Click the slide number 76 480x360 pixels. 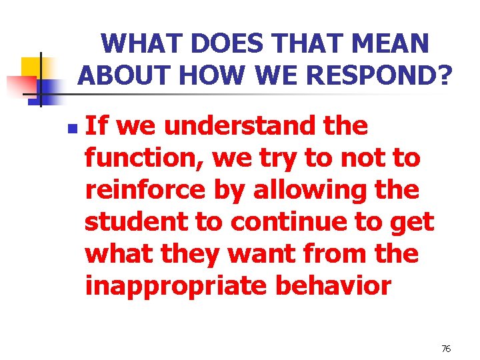[446, 349]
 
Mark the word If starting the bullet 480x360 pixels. [96, 125]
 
